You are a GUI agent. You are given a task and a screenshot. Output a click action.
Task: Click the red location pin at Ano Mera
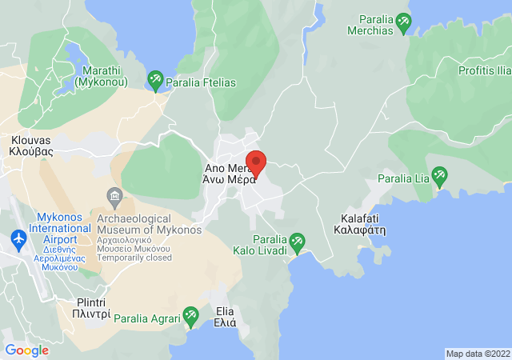(x=255, y=163)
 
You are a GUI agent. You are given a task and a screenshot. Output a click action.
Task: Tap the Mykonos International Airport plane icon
(x=18, y=238)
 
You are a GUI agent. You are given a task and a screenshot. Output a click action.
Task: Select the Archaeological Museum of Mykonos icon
(x=114, y=197)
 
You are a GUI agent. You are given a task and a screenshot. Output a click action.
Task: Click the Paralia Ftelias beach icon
(x=155, y=79)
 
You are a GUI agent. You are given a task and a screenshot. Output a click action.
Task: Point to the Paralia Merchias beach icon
(x=404, y=23)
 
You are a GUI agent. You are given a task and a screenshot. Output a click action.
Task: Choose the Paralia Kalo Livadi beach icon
(x=297, y=240)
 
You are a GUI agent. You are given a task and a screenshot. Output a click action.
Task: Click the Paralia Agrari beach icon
(x=190, y=318)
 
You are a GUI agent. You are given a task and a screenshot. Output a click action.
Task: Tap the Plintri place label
(x=81, y=309)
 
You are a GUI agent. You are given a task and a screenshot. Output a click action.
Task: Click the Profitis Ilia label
(x=484, y=71)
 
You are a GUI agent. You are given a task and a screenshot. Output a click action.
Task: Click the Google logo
(x=27, y=350)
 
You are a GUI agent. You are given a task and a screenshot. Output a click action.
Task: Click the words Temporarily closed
(x=134, y=258)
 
